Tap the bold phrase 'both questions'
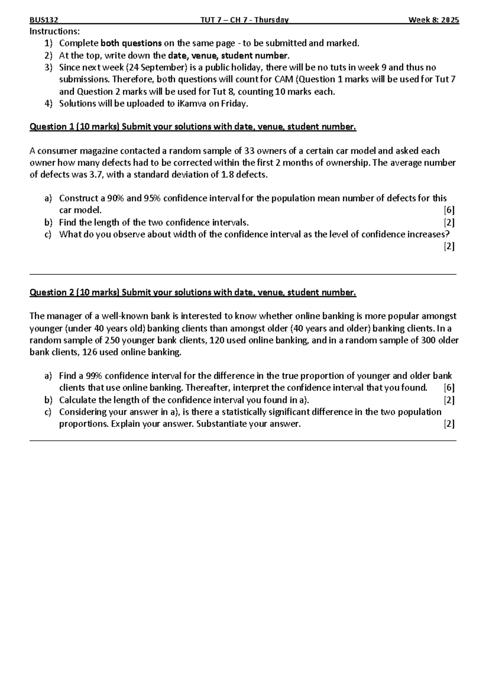coord(131,43)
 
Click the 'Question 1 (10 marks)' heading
coord(74,127)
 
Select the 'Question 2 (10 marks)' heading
coord(74,293)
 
